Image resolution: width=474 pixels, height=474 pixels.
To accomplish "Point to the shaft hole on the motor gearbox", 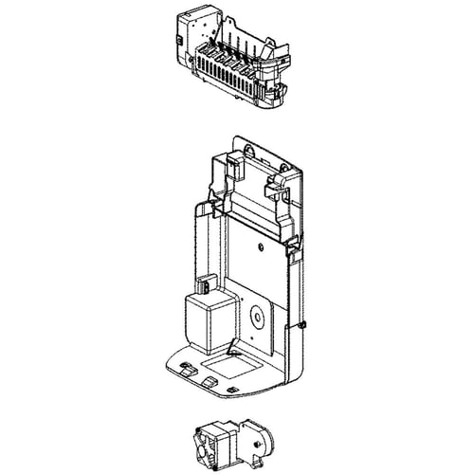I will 257,439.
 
